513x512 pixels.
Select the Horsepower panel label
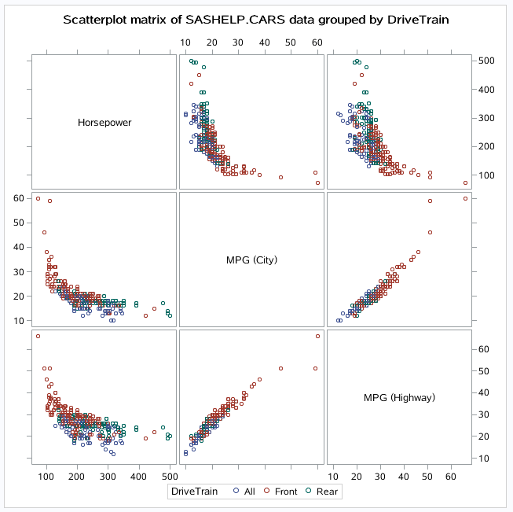(x=104, y=122)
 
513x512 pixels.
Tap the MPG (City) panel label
(x=252, y=260)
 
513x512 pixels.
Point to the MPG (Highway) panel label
(x=399, y=397)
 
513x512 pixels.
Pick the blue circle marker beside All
(x=236, y=492)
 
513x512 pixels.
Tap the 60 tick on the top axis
(x=317, y=42)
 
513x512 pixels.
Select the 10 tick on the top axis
(x=185, y=42)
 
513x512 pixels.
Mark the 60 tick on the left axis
(x=18, y=198)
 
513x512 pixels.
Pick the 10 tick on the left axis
(x=18, y=320)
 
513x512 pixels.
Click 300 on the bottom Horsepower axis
(x=232, y=477)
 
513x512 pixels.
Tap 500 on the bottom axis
(x=387, y=477)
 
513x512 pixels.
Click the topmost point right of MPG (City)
(x=465, y=198)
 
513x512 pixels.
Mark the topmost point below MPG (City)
(x=317, y=337)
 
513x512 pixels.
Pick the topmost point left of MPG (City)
(x=38, y=198)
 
